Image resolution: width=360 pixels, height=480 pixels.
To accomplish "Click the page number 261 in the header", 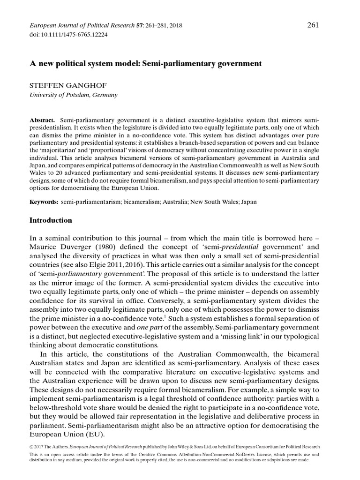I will tap(313, 12).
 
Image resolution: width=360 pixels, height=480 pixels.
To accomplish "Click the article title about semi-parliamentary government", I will tap(145, 62).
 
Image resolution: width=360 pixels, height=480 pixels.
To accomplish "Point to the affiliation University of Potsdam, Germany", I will tap(74, 95).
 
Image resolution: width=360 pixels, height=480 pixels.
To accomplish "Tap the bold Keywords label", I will tap(44, 202).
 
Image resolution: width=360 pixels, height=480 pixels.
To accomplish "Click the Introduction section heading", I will tap(51, 220).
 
